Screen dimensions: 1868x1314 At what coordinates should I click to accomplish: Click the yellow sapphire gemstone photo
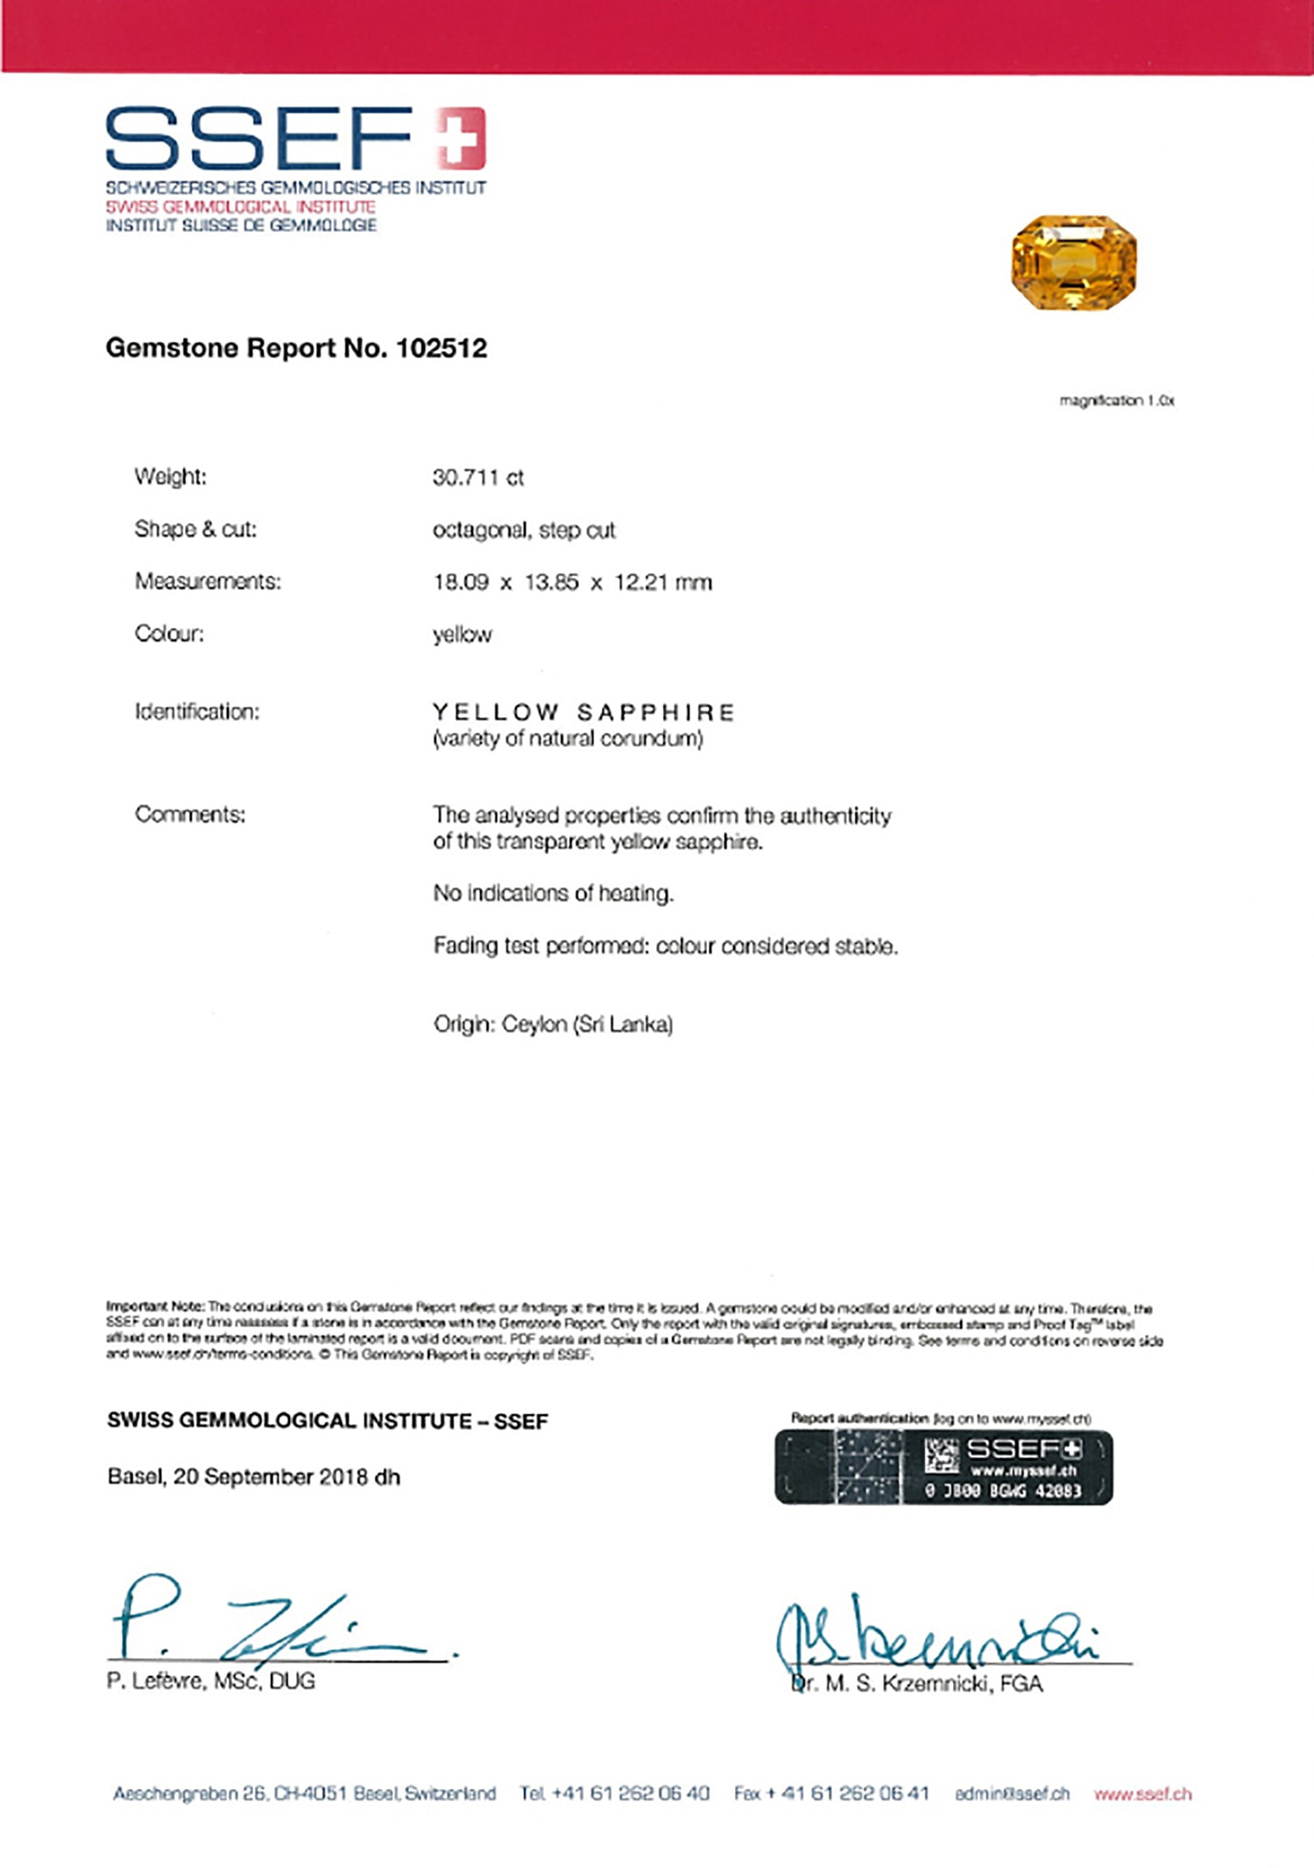[x=1074, y=263]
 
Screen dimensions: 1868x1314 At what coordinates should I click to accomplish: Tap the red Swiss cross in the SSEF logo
[x=461, y=137]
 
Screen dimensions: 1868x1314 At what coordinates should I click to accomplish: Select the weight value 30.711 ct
[x=477, y=477]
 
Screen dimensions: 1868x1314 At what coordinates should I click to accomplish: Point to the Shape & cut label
[x=195, y=529]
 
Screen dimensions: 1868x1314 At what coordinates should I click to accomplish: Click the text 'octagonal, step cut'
[x=524, y=530]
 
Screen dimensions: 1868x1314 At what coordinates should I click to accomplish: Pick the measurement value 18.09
[x=461, y=582]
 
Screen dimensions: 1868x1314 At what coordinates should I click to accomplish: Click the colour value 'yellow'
[x=463, y=634]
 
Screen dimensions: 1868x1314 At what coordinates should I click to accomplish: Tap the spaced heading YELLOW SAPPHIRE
[x=583, y=712]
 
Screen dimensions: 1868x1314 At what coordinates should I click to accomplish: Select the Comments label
[x=190, y=814]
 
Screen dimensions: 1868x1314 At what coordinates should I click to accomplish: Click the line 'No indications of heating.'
[x=554, y=893]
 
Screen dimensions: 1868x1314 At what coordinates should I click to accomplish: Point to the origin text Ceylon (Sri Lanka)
[x=587, y=1024]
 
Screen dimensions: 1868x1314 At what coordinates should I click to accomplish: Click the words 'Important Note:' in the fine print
[x=155, y=1307]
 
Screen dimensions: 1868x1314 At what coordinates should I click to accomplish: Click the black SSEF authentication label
[x=943, y=1467]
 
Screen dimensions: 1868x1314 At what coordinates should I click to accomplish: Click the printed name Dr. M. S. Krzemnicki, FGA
[x=916, y=1683]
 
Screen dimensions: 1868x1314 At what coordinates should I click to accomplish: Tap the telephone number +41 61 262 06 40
[x=630, y=1793]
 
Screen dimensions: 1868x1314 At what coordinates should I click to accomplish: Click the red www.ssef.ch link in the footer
[x=1142, y=1794]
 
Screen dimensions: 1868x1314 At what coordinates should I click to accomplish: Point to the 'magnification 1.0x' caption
[x=1116, y=400]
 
